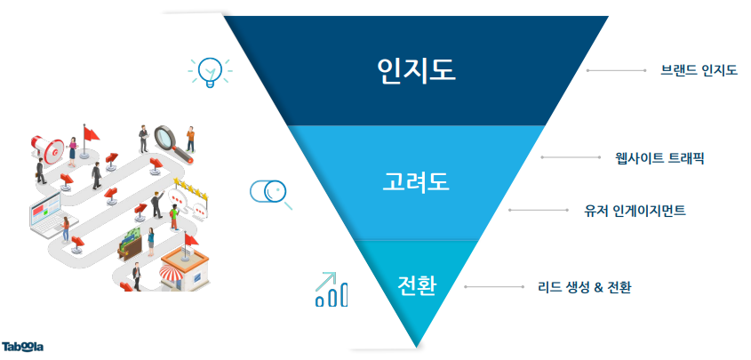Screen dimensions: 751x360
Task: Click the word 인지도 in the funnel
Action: pyautogui.click(x=416, y=71)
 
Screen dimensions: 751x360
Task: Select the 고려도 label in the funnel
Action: pyautogui.click(x=416, y=182)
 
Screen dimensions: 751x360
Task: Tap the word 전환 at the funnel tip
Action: pyautogui.click(x=417, y=286)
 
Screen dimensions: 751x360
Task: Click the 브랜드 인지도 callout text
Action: pyautogui.click(x=699, y=71)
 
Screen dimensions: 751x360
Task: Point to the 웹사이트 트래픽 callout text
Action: pyautogui.click(x=659, y=157)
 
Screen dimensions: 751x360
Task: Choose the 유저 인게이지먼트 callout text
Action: pyautogui.click(x=635, y=210)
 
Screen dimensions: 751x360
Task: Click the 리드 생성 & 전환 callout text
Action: pyautogui.click(x=584, y=287)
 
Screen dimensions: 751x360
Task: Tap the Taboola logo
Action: pyautogui.click(x=22, y=347)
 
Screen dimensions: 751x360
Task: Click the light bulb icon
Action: pyautogui.click(x=210, y=72)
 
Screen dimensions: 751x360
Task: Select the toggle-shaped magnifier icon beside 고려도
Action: pyautogui.click(x=270, y=194)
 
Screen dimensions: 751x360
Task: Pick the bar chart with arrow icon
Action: pyautogui.click(x=331, y=289)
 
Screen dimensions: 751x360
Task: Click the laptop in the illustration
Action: pyautogui.click(x=47, y=215)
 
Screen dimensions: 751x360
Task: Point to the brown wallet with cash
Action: pyautogui.click(x=131, y=244)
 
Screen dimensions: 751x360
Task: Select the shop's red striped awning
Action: pyautogui.click(x=171, y=275)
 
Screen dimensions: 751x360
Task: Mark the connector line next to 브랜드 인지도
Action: pyautogui.click(x=617, y=71)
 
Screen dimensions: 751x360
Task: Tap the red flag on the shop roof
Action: pyautogui.click(x=190, y=239)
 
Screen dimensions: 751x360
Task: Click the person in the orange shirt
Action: pyautogui.click(x=190, y=140)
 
